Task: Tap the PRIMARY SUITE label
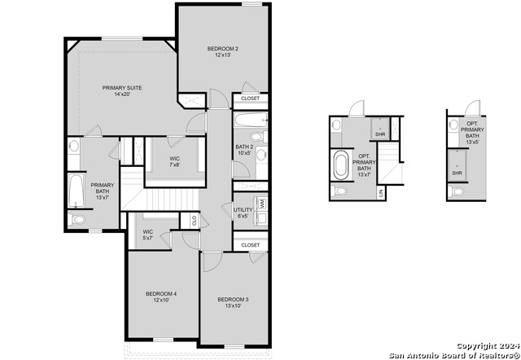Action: point(122,87)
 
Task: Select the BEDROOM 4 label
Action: point(161,293)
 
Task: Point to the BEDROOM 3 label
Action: point(233,300)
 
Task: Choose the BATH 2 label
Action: point(244,147)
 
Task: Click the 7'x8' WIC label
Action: point(174,158)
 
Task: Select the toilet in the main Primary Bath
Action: point(79,220)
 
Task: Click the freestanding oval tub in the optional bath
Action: point(340,165)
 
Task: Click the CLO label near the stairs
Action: point(194,219)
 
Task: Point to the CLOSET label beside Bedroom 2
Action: point(251,99)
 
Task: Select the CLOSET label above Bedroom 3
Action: point(251,244)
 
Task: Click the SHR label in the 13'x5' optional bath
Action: point(458,173)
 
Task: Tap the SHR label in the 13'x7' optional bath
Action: point(379,134)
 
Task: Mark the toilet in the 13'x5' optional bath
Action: point(458,192)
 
